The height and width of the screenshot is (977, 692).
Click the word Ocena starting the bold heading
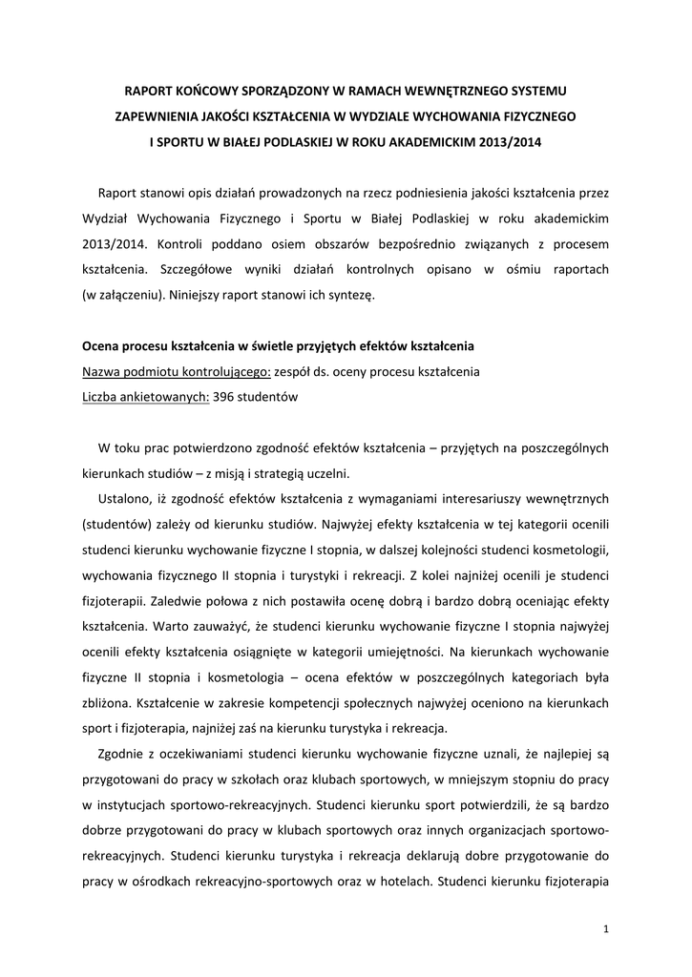pyautogui.click(x=103, y=346)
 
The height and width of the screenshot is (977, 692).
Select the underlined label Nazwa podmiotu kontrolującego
pyautogui.click(x=164, y=372)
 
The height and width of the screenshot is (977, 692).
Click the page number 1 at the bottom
pyautogui.click(x=607, y=928)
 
